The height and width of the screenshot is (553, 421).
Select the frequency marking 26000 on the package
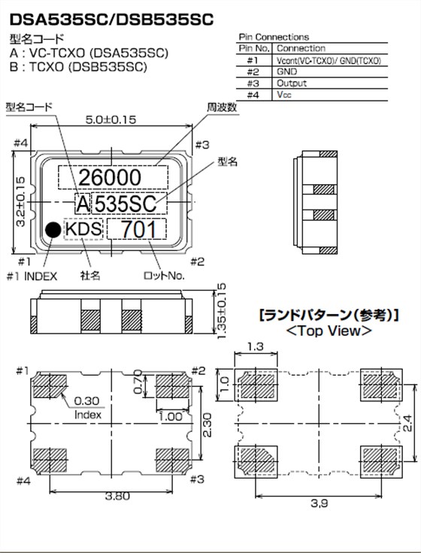coord(113,177)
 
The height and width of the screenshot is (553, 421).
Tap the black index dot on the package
coord(53,230)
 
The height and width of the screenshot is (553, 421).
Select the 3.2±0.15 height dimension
coord(20,201)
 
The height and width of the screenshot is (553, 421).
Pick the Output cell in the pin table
coord(292,83)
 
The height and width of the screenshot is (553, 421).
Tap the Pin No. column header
coord(253,47)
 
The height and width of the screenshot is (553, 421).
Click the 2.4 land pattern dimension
coord(407,428)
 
